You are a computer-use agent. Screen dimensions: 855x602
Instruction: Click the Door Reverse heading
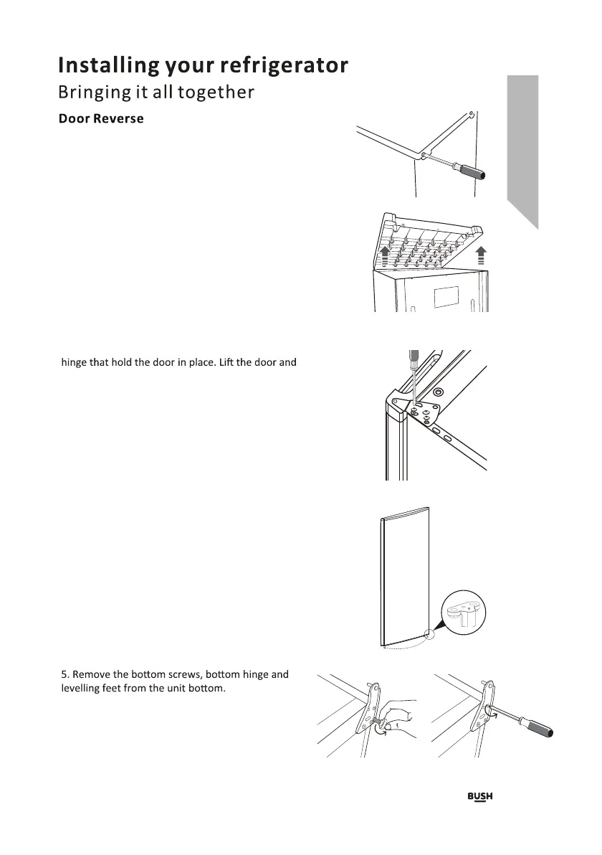click(100, 118)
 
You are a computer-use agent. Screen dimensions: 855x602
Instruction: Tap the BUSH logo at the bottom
click(480, 797)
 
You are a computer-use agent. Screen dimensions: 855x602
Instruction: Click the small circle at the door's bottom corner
click(428, 633)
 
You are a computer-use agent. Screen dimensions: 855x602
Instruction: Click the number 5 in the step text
click(64, 674)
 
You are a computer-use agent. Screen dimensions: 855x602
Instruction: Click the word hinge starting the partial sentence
click(77, 362)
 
